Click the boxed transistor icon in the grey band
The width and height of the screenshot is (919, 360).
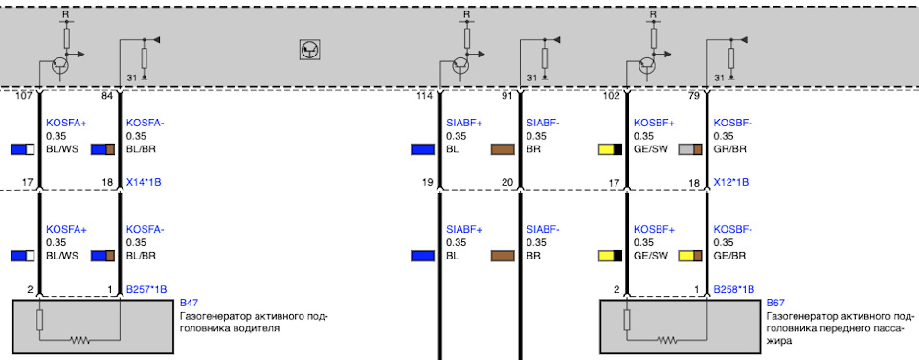pyautogui.click(x=309, y=51)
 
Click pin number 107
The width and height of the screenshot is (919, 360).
pyautogui.click(x=25, y=96)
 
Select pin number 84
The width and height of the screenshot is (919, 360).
pyautogui.click(x=107, y=96)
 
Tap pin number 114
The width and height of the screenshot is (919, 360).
pyautogui.click(x=425, y=96)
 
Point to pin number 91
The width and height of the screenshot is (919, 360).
pyautogui.click(x=507, y=96)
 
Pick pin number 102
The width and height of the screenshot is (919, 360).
pyautogui.click(x=611, y=96)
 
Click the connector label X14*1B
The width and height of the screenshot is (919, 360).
pyautogui.click(x=144, y=182)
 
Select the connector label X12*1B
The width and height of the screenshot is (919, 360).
pyautogui.click(x=730, y=182)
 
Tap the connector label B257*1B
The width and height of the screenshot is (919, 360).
pyautogui.click(x=146, y=289)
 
